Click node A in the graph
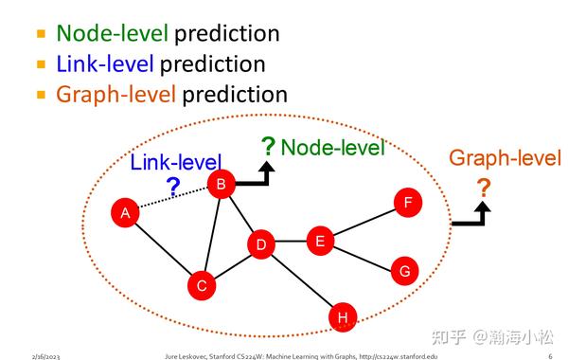[125, 213]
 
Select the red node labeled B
[221, 185]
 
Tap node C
[201, 283]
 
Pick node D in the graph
[261, 245]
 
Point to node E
[320, 242]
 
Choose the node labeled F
[407, 202]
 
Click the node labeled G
[404, 272]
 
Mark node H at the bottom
[342, 316]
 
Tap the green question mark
[268, 147]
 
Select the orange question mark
[484, 189]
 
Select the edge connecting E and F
[364, 222]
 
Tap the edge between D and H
[301, 280]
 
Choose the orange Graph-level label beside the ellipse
[505, 158]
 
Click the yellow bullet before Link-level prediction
[41, 65]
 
